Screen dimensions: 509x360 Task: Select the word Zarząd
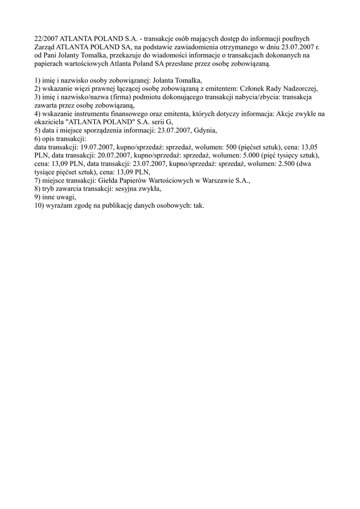[x=46, y=47]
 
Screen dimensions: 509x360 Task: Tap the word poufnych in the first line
[x=309, y=38]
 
